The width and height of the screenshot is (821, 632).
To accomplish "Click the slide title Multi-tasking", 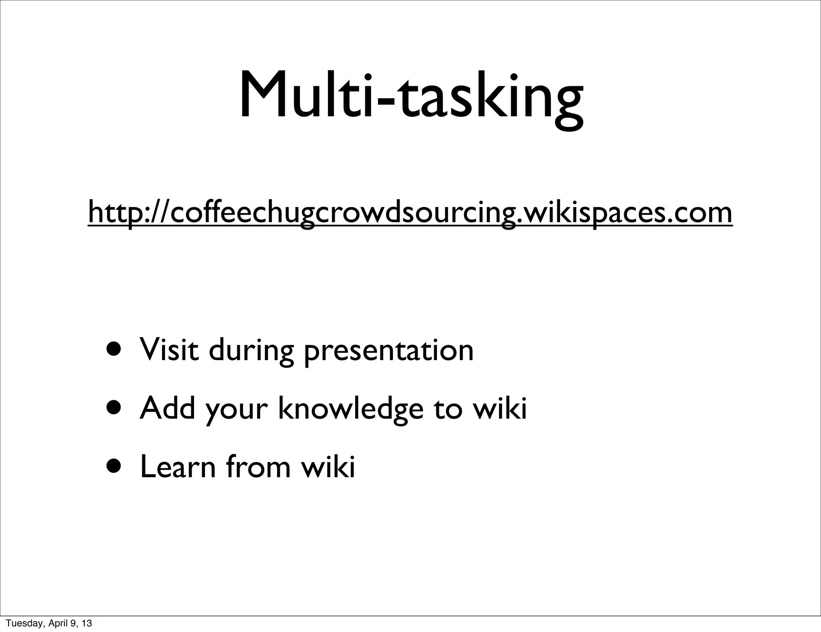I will click(x=410, y=96).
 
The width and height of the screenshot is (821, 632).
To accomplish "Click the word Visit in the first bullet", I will click(x=169, y=350).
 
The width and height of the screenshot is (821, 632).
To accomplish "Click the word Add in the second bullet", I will click(x=167, y=408).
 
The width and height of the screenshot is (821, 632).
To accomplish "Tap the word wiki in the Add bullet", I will click(x=499, y=408).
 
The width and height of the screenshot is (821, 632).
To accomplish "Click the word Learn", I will click(x=178, y=466).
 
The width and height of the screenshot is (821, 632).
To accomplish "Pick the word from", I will click(x=258, y=466).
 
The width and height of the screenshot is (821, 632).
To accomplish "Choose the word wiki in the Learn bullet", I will click(x=328, y=466).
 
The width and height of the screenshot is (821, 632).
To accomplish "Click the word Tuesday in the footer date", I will click(x=23, y=624).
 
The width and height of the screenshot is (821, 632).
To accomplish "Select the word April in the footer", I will click(x=57, y=624).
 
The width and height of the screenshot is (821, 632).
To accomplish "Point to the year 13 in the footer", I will click(x=87, y=624).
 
